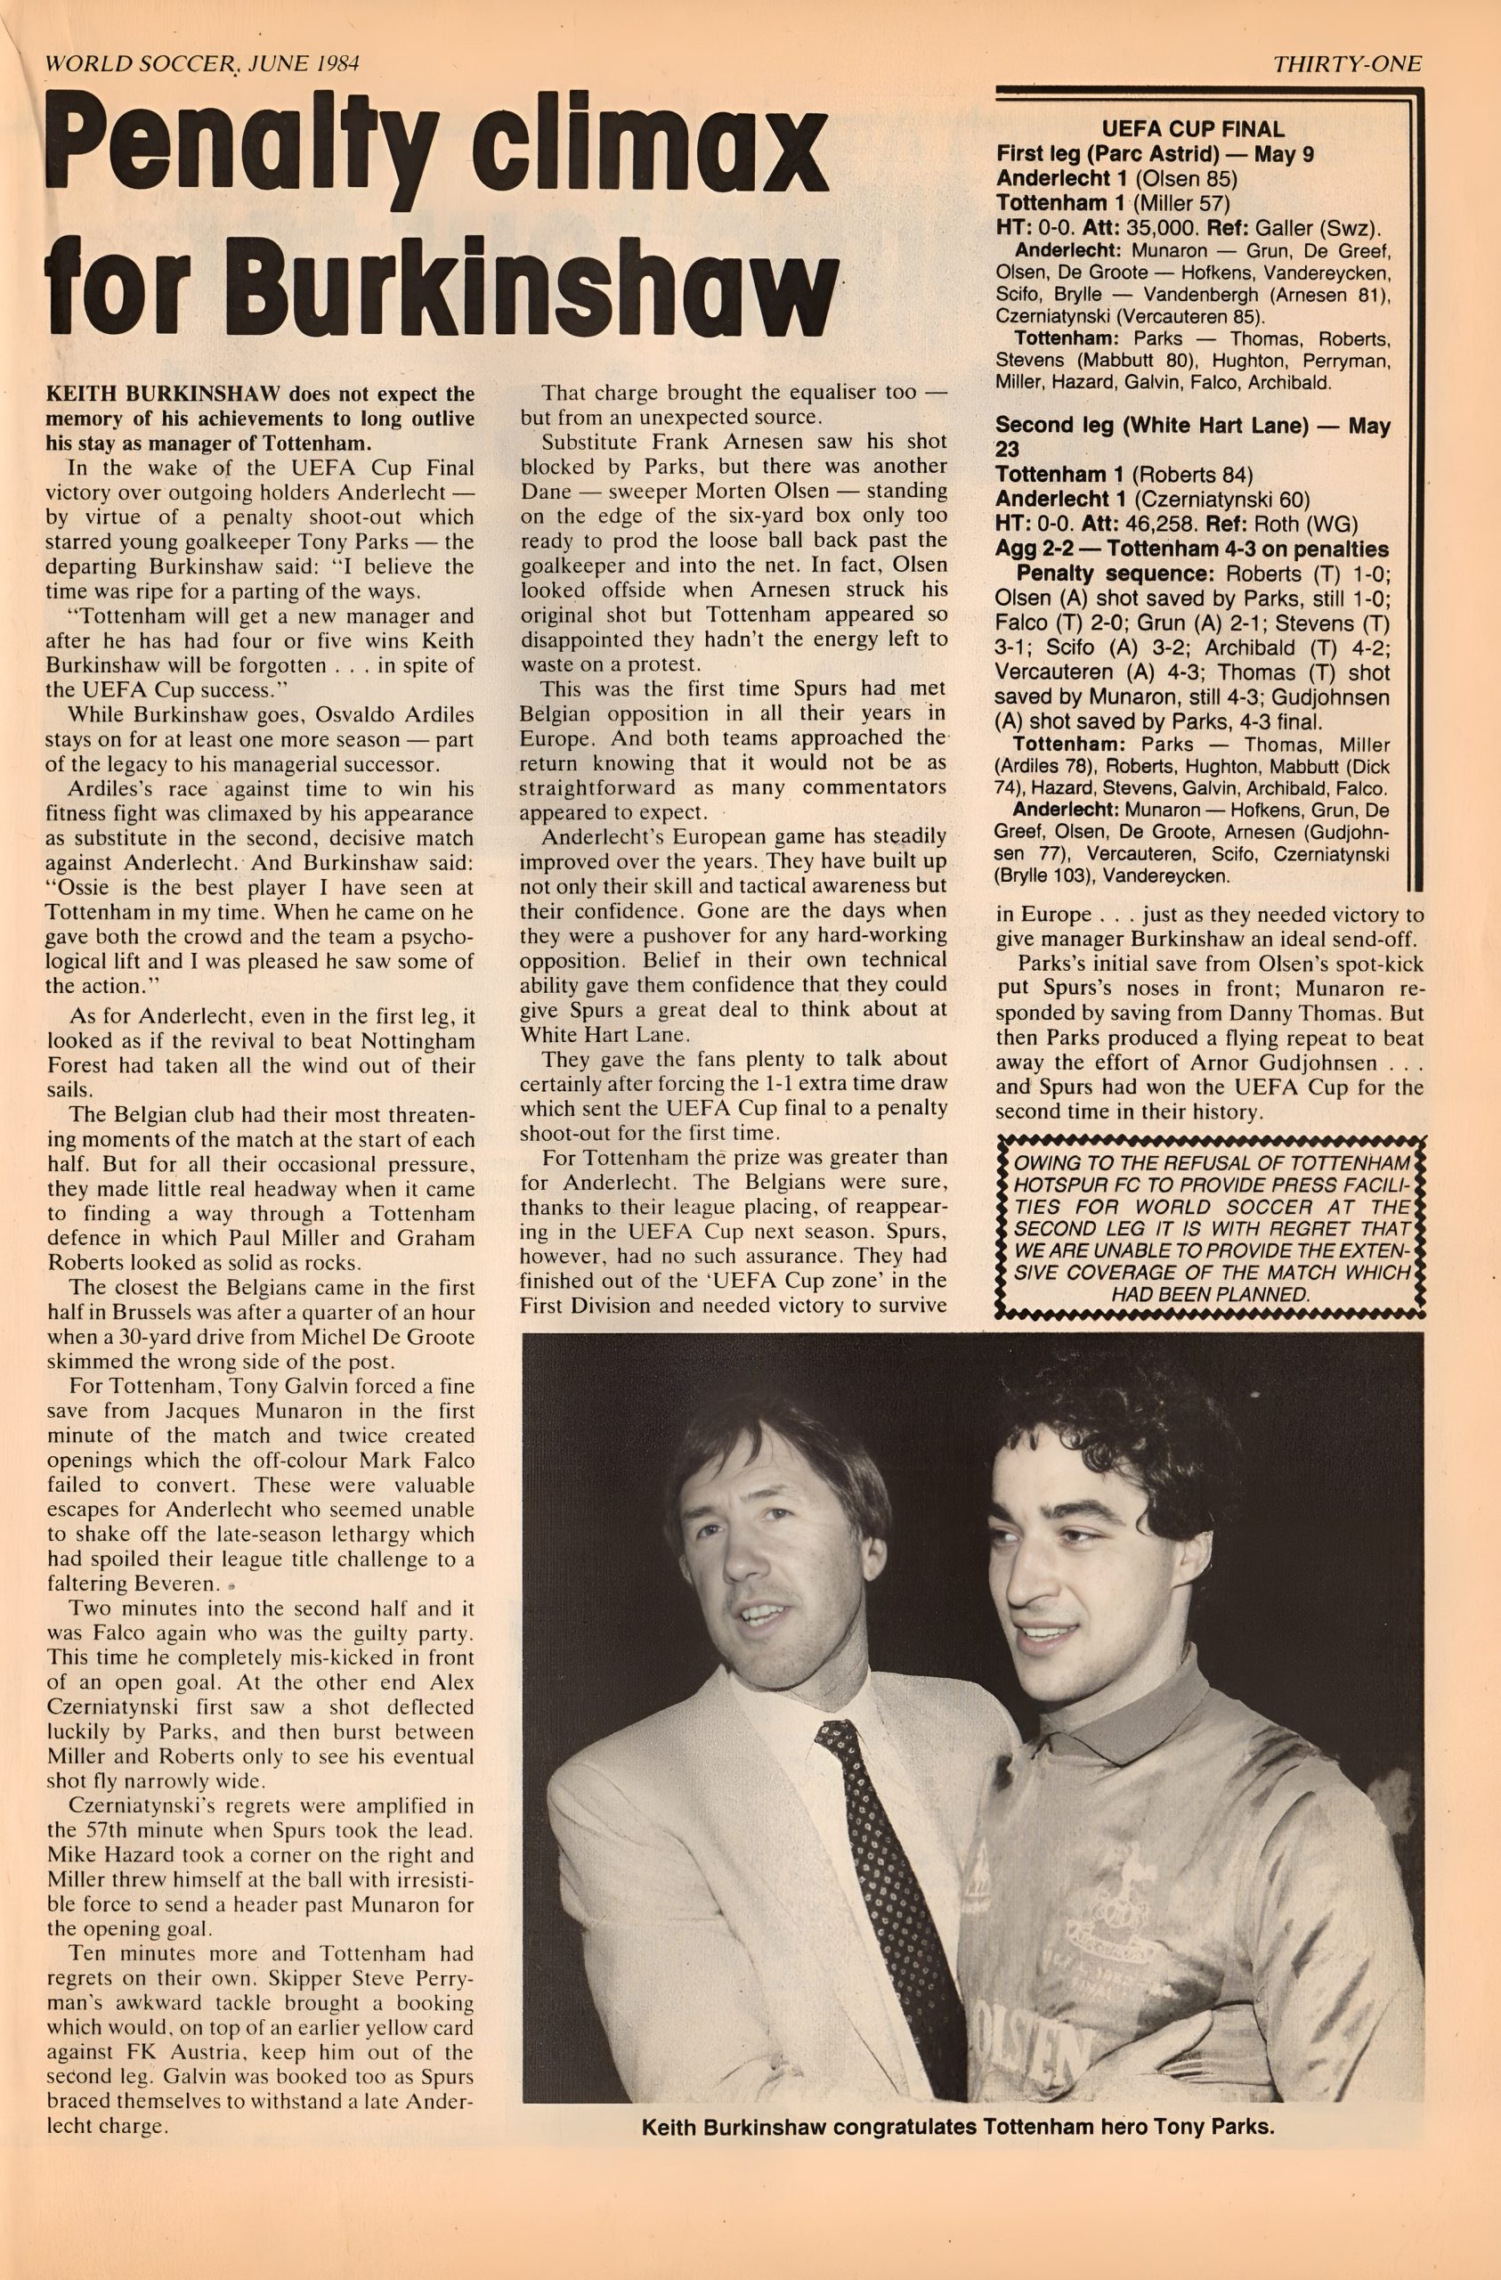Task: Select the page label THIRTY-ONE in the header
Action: coord(1347,64)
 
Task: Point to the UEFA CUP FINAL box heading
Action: coord(1193,128)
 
